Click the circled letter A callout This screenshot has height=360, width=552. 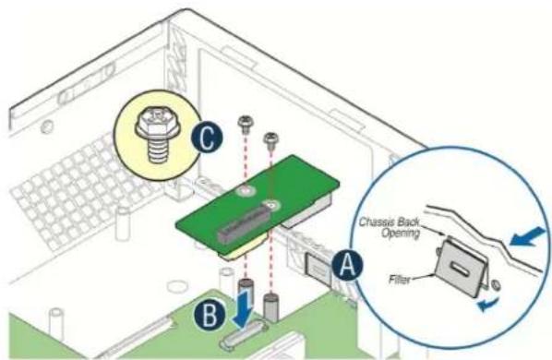tap(347, 265)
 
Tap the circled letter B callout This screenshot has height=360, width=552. tap(210, 314)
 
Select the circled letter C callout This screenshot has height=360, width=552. tap(207, 138)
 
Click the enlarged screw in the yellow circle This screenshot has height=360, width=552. tap(156, 138)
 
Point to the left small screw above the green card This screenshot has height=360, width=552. tap(246, 124)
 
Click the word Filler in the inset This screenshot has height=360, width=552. tap(400, 280)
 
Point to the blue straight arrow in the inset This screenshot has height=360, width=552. tap(527, 236)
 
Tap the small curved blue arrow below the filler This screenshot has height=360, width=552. tap(488, 305)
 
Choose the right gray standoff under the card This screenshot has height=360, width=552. tap(270, 307)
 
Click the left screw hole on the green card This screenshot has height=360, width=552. tap(245, 191)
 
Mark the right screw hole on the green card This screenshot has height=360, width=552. tap(270, 204)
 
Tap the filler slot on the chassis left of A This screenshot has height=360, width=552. tap(317, 270)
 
